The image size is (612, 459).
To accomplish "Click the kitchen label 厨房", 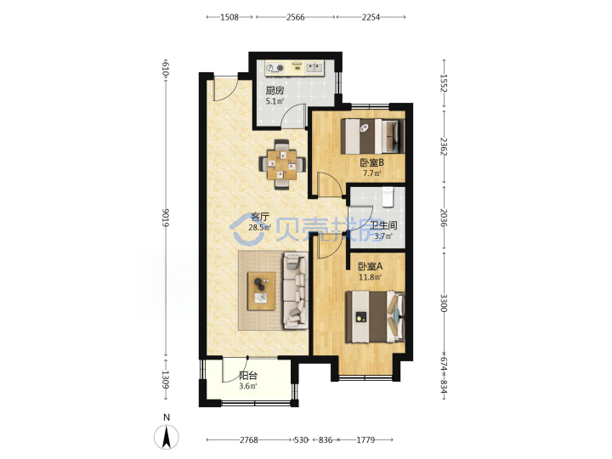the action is [275, 91].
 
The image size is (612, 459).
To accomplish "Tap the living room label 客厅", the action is [260, 217].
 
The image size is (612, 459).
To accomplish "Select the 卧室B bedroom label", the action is [371, 162].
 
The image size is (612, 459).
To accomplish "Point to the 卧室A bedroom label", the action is [371, 267].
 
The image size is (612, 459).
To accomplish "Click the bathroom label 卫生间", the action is [383, 225].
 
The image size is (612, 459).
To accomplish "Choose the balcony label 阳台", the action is [248, 376].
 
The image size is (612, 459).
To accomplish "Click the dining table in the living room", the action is [282, 165].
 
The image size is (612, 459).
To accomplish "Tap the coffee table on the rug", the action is [261, 292].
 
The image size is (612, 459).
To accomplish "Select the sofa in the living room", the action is [296, 291].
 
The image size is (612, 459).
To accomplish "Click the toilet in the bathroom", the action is [388, 196].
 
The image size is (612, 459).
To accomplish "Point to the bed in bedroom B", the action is [372, 136].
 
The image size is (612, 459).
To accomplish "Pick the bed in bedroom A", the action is [375, 316].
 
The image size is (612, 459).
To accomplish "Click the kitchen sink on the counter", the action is [314, 68].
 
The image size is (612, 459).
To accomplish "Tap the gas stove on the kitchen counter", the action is [275, 68].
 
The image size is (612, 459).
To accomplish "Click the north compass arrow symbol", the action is [167, 437].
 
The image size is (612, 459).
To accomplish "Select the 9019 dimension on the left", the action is [166, 218].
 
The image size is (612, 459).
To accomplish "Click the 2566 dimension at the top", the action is [296, 17].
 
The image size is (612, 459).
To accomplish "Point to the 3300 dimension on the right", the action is [444, 303].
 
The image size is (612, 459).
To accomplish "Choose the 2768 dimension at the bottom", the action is [249, 440].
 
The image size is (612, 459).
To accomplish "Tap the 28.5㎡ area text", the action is [259, 228].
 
